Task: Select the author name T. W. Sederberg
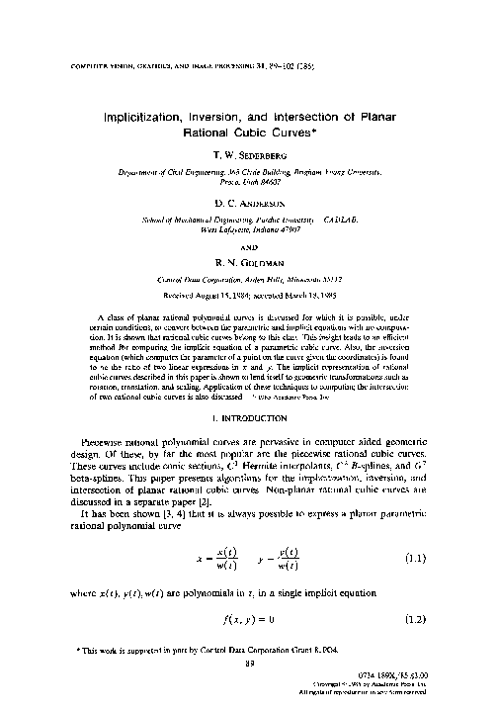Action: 248,156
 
